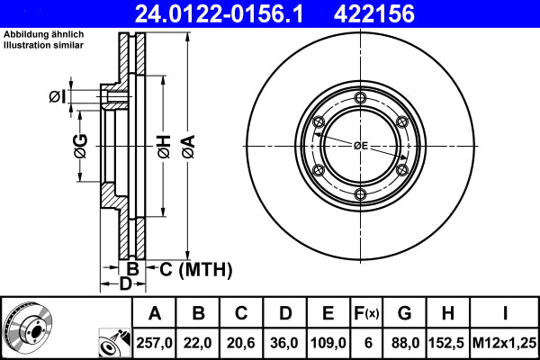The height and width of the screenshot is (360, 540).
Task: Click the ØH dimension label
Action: pyautogui.click(x=163, y=147)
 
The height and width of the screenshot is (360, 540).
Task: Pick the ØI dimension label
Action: pyautogui.click(x=56, y=96)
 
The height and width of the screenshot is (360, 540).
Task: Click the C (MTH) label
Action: pyautogui.click(x=195, y=269)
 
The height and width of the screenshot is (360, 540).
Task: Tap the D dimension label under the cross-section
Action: pyautogui.click(x=127, y=284)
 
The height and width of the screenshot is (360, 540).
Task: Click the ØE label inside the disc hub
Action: pyautogui.click(x=360, y=146)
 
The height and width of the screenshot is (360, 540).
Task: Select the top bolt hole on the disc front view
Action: pyautogui.click(x=360, y=98)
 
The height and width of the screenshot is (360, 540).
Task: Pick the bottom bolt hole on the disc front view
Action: pyautogui.click(x=360, y=195)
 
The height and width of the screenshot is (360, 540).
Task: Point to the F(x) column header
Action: pyautogui.click(x=369, y=313)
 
